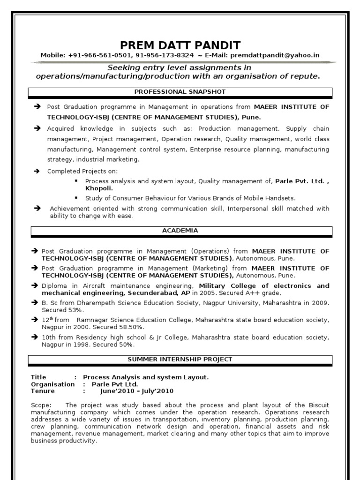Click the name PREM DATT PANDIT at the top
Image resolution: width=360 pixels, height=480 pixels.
click(180, 45)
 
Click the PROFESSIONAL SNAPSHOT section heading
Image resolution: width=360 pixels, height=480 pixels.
click(180, 91)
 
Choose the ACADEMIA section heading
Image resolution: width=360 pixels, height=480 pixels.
click(180, 231)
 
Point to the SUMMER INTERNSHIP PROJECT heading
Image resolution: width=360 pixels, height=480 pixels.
click(180, 360)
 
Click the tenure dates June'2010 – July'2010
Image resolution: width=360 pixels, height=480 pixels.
click(137, 391)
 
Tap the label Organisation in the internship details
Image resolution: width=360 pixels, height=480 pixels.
click(52, 384)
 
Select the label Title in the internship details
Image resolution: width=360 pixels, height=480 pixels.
click(38, 377)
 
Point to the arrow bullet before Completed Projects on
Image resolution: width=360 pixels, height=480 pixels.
click(37, 172)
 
